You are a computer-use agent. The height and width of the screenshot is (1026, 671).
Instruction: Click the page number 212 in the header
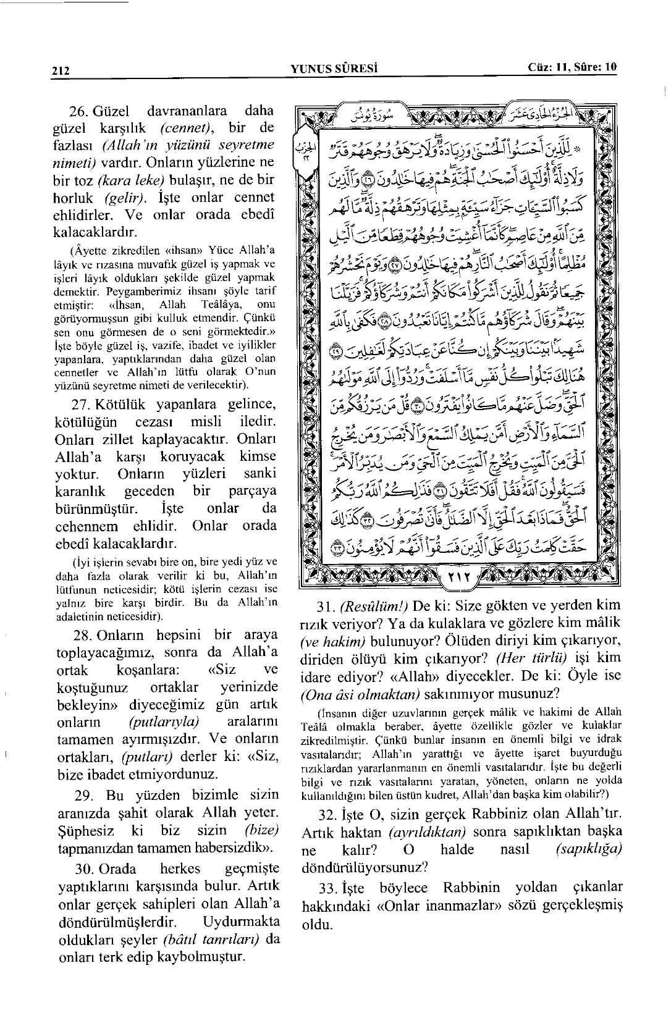(61, 70)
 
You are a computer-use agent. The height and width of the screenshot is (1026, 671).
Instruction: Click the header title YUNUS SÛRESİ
(334, 68)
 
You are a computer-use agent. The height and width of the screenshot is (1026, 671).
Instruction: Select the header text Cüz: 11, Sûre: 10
(572, 67)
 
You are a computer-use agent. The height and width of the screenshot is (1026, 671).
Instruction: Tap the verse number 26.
(79, 112)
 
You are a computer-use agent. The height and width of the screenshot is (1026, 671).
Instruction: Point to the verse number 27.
(80, 405)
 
